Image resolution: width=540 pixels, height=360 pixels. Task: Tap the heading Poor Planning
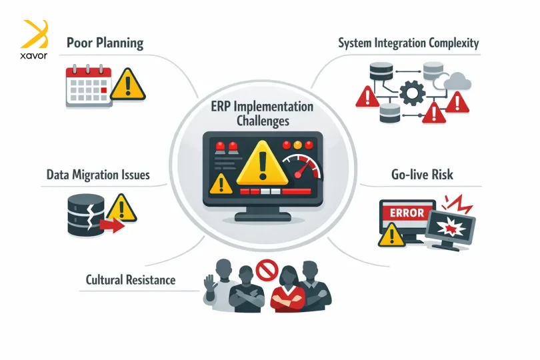click(x=105, y=43)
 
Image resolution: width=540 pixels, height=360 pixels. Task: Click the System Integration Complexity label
click(x=408, y=43)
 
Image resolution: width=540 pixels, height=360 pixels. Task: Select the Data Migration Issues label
click(x=98, y=175)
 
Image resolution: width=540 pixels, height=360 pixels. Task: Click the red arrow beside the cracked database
click(x=115, y=227)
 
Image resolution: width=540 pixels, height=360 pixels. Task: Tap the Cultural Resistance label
click(x=131, y=279)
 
